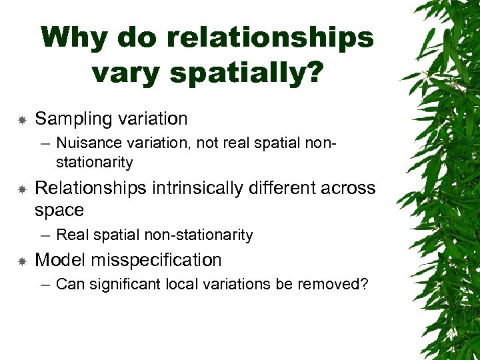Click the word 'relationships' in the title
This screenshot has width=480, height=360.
(x=271, y=37)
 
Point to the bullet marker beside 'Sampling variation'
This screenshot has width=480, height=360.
(x=21, y=120)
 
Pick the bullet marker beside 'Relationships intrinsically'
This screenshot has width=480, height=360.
(x=21, y=190)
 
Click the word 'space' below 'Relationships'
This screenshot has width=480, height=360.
(x=59, y=211)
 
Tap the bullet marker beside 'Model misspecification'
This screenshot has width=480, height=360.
(x=21, y=261)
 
